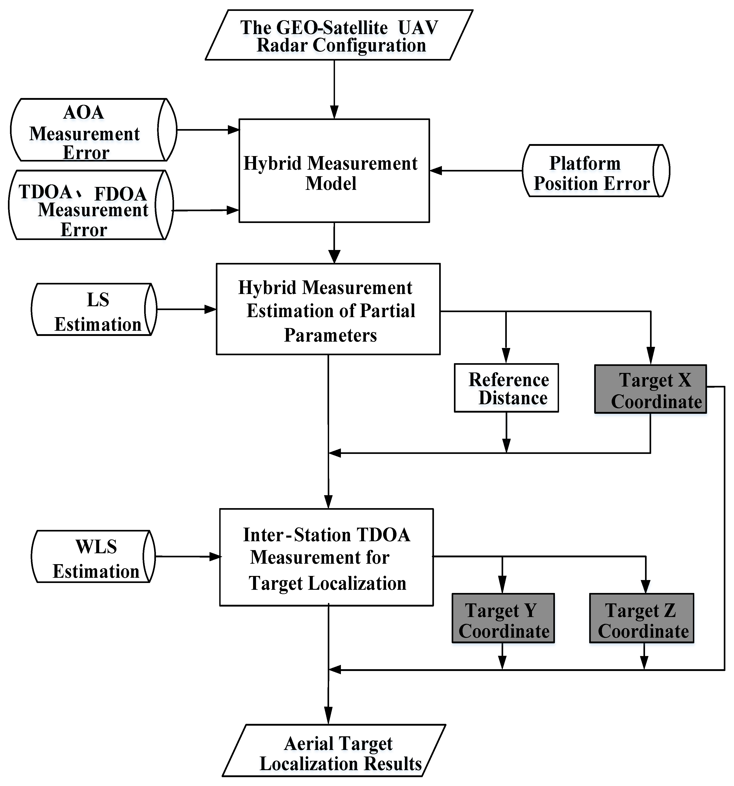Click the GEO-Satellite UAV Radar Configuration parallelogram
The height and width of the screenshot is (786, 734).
[x=339, y=35]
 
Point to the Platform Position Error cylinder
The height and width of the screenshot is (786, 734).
[x=596, y=171]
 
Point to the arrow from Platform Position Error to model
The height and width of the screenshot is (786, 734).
[x=475, y=171]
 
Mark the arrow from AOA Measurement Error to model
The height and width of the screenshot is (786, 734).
[x=208, y=130]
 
